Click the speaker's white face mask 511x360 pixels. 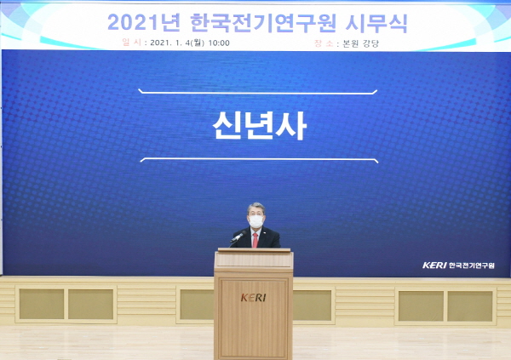(255, 221)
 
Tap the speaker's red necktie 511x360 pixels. (255, 240)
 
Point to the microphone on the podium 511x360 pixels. (238, 237)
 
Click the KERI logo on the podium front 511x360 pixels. (253, 298)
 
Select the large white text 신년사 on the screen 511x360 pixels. (260, 125)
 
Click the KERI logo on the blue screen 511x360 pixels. (434, 266)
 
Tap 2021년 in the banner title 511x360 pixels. (144, 23)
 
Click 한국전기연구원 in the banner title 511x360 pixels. (262, 23)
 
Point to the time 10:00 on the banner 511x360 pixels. (219, 43)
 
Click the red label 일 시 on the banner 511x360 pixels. (132, 43)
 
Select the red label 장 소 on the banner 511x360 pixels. (324, 43)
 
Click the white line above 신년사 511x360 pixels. (258, 93)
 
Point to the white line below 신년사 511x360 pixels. (259, 160)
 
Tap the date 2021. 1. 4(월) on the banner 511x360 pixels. (177, 43)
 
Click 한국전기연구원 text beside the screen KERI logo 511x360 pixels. (472, 266)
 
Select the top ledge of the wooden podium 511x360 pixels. (254, 250)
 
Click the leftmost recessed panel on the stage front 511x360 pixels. (42, 305)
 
